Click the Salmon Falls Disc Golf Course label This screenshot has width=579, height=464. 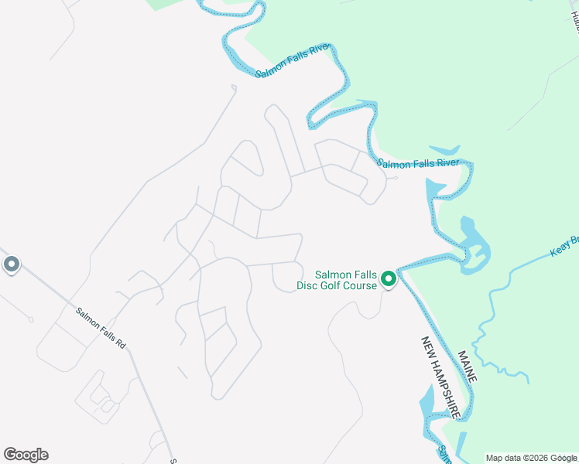345,279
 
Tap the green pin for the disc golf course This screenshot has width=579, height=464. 389,278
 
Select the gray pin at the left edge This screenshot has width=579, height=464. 12,265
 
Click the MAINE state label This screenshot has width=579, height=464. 467,367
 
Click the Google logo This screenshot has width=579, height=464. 26,455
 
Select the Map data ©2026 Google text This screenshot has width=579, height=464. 531,458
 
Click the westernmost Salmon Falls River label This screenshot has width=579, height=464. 293,60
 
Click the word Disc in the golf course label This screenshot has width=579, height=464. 309,285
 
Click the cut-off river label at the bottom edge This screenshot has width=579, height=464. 444,455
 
